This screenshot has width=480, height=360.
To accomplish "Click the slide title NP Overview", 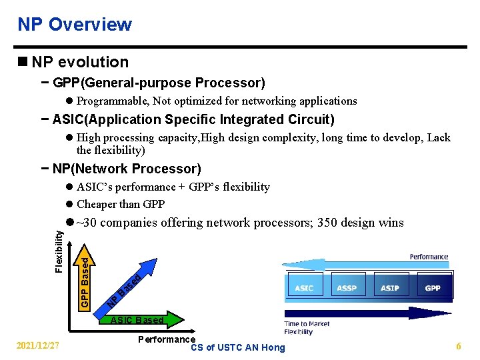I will click(x=75, y=25).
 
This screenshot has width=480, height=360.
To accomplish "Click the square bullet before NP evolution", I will click(x=23, y=62).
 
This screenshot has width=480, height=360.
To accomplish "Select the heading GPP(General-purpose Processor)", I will click(x=159, y=83).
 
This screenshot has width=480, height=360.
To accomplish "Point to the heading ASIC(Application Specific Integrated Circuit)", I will click(x=193, y=120).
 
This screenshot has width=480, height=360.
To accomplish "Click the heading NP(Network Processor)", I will click(x=126, y=169).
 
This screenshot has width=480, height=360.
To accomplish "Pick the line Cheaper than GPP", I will click(x=121, y=204).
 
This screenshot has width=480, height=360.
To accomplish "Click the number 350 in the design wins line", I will click(x=328, y=223).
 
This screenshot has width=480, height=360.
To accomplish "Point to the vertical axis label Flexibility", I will click(x=59, y=251).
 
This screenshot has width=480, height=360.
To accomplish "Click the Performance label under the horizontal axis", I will click(x=166, y=339).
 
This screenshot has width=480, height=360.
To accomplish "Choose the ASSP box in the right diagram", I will click(x=347, y=288).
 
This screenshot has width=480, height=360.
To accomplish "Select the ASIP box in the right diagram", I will click(x=390, y=288).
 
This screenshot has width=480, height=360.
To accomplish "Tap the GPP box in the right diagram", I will click(x=433, y=288).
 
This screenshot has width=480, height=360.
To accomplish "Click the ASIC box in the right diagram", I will click(x=304, y=288).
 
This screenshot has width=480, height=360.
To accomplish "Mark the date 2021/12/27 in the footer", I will click(x=39, y=346).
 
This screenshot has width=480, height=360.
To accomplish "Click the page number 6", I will click(x=459, y=346).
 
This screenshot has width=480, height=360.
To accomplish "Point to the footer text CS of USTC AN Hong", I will click(x=237, y=347).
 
